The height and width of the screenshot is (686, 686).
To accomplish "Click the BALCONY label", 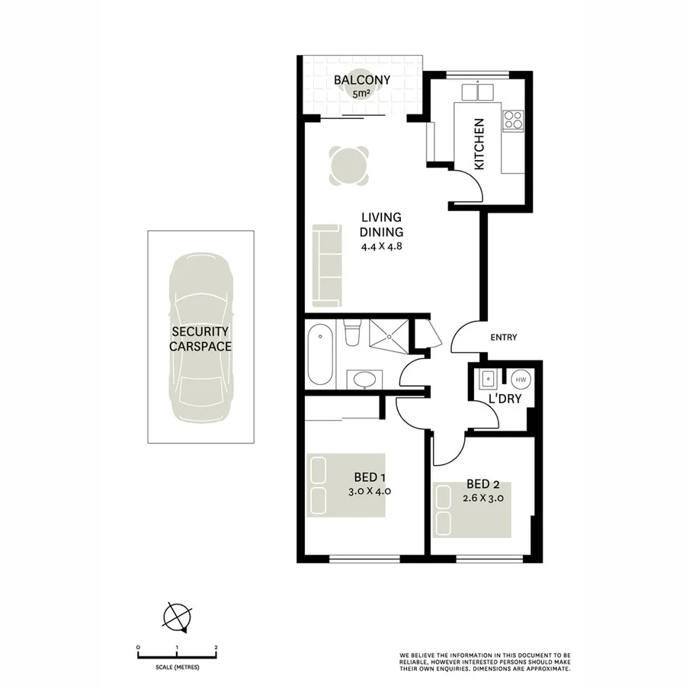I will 362,80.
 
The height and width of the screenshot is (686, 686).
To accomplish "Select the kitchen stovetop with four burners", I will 513,120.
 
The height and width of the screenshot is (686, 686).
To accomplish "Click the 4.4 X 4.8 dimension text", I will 382,246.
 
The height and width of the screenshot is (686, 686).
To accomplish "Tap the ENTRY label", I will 504,338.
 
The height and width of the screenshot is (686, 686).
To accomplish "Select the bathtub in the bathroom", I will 320,354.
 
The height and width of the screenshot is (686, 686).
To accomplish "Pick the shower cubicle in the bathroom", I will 388,334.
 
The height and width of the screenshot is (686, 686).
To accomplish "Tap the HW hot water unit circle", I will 521,379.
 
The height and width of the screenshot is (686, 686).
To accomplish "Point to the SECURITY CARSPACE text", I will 200,338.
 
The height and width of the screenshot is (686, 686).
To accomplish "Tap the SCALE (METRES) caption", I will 177,668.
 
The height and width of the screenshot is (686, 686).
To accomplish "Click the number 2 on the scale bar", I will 216,647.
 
